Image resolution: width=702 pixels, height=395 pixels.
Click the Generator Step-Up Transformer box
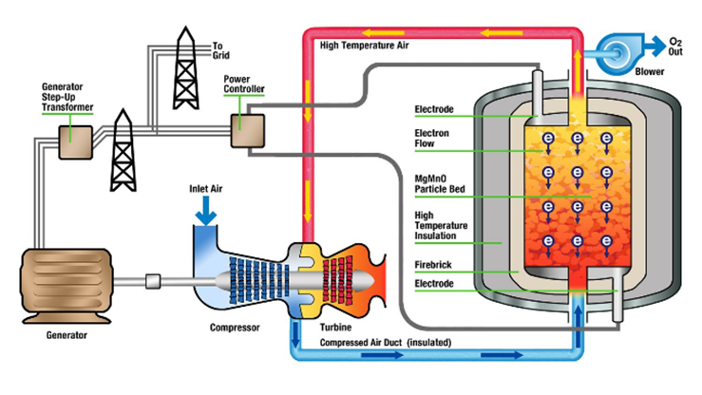[74, 141]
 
